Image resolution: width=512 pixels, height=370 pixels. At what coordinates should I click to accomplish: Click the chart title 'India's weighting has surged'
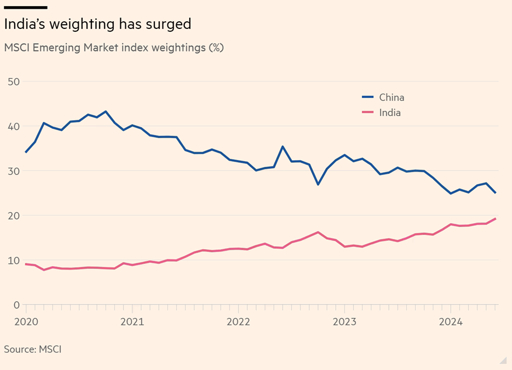click(x=97, y=25)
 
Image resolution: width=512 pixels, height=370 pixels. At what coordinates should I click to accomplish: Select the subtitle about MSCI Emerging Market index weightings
click(x=114, y=48)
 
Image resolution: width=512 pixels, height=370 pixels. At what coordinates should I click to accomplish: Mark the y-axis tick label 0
click(x=16, y=304)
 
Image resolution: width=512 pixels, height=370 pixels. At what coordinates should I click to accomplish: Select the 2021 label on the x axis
click(x=132, y=322)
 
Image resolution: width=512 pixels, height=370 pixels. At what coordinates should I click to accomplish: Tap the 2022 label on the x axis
click(x=238, y=322)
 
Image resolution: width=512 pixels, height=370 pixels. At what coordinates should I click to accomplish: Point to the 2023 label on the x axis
click(x=344, y=322)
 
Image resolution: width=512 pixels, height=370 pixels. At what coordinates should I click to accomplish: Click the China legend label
click(x=392, y=98)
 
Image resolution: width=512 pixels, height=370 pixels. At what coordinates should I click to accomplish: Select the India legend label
click(x=390, y=113)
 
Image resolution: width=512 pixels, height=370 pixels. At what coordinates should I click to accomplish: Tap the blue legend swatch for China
click(x=368, y=98)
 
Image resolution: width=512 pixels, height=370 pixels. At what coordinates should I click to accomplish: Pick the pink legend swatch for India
click(x=368, y=113)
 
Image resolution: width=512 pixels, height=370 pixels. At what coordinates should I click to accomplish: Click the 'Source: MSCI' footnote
click(x=32, y=349)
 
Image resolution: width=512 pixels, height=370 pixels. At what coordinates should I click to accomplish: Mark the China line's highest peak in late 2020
click(x=106, y=111)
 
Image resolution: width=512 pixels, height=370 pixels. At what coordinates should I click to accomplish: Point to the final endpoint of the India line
click(x=495, y=219)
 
